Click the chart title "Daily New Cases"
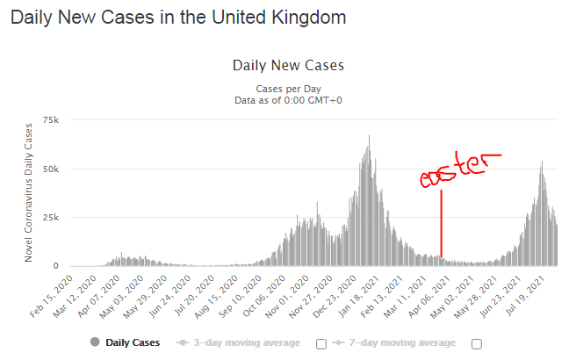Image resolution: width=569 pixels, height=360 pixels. (x=288, y=65)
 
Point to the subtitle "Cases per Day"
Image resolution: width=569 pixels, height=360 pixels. (x=288, y=90)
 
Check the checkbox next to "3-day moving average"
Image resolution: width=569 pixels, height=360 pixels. (x=321, y=342)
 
